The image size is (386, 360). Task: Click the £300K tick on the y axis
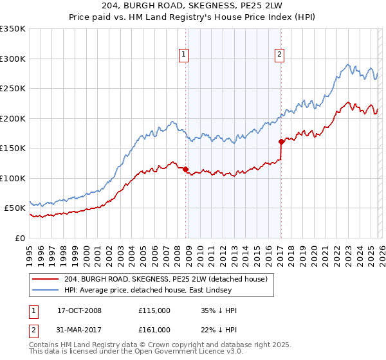coord(13,59)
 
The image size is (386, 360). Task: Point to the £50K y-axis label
coord(15,208)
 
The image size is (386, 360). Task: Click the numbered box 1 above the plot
coord(184,55)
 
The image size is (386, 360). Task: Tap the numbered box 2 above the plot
coord(280,55)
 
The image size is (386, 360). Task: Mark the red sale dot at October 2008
coord(186,170)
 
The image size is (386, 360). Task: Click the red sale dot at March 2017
coord(281,142)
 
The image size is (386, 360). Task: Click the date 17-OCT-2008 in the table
coord(79,310)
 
